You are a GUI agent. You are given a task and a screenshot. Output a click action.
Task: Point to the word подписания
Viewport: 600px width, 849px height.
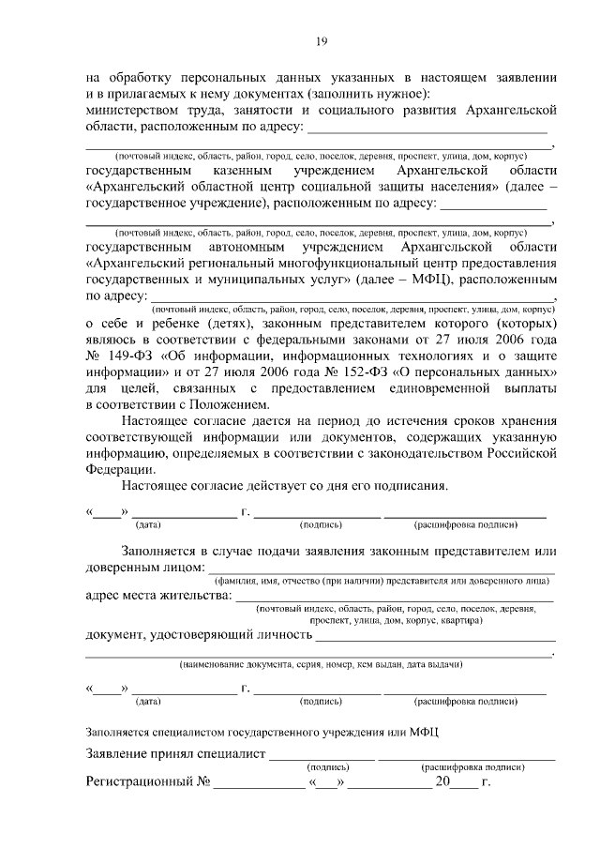point(405,486)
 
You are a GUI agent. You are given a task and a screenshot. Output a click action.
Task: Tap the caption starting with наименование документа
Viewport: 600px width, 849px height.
point(321,664)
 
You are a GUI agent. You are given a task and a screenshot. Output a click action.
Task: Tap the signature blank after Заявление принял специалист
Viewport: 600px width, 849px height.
point(322,756)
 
